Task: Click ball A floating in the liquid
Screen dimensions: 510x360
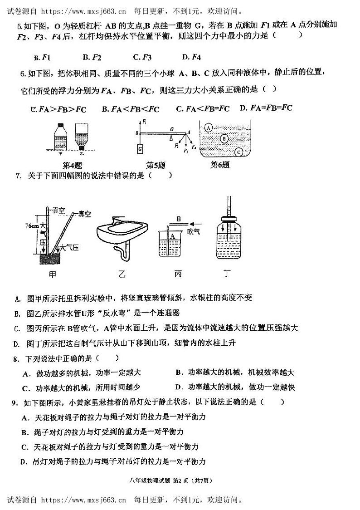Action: coord(208,128)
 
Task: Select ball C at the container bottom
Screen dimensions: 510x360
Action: coord(239,152)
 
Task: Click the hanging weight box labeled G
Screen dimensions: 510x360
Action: coord(140,148)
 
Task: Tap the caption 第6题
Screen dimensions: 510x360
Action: coord(219,165)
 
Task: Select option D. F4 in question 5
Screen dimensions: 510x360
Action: coord(191,57)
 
